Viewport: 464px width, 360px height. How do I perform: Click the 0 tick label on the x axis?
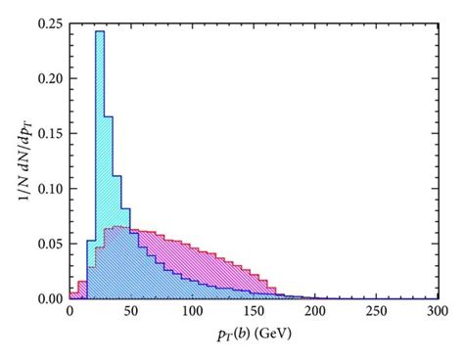[x=70, y=312]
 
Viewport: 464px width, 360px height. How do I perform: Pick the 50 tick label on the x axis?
[x=131, y=312]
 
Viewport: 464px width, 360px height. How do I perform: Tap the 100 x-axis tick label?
[x=193, y=312]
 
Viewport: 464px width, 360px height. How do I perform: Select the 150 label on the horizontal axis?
[x=255, y=312]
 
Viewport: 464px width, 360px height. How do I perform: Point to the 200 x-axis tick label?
[x=315, y=312]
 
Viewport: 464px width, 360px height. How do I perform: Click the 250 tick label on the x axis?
[x=377, y=312]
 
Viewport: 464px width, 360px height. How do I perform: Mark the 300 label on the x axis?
[x=438, y=312]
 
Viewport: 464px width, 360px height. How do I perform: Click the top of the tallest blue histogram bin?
[x=100, y=32]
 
